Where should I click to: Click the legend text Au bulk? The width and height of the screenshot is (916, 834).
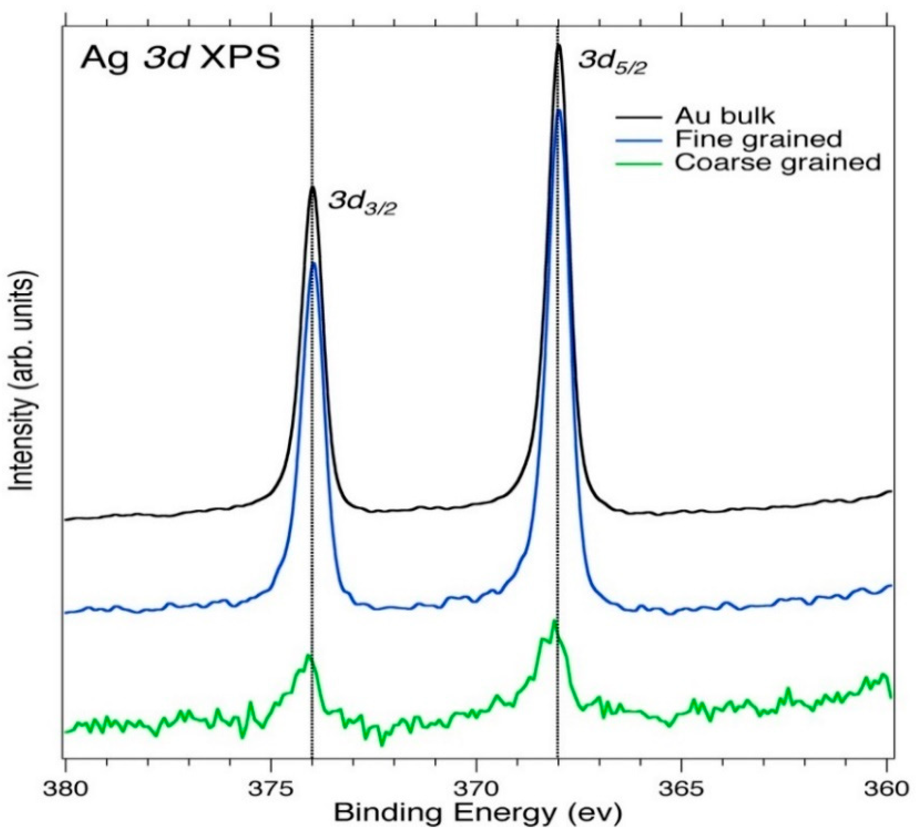(724, 116)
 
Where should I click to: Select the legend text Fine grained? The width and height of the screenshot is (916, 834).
(758, 138)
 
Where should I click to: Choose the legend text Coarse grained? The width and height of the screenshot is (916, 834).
(777, 162)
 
